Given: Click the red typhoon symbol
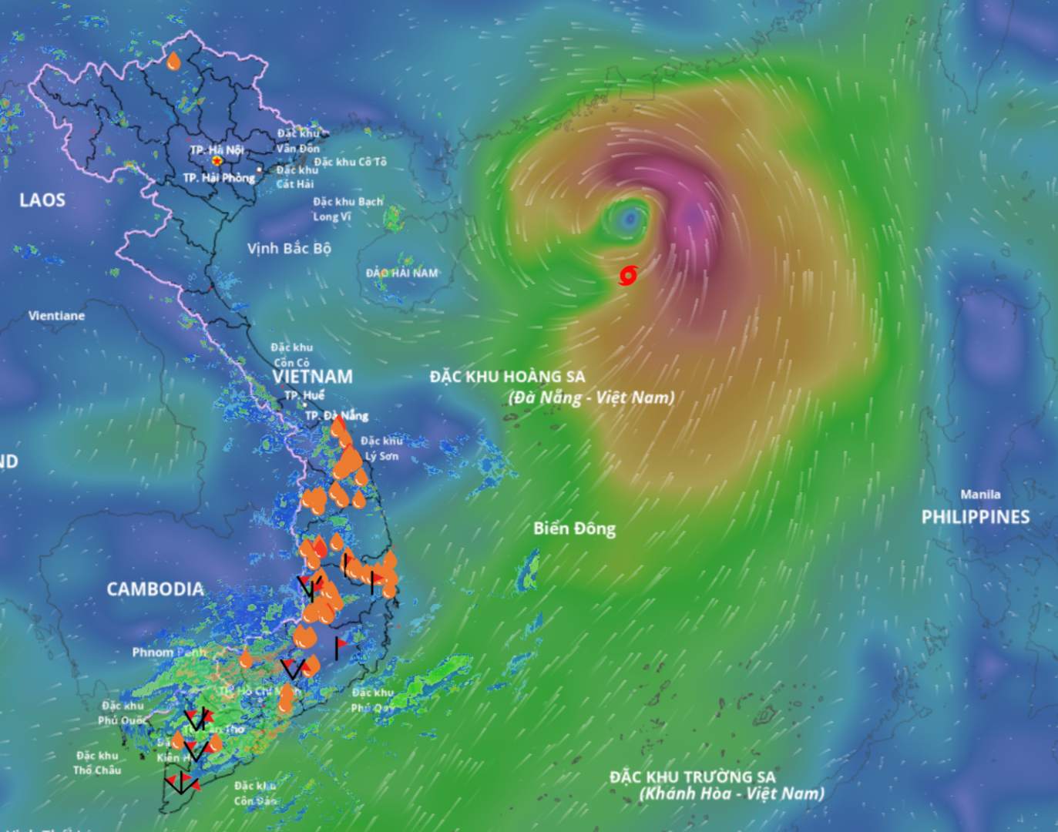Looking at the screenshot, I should click(x=629, y=275).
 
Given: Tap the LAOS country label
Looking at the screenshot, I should click(x=42, y=200).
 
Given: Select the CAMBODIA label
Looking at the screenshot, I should click(x=155, y=589).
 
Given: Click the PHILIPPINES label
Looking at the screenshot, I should click(x=976, y=517).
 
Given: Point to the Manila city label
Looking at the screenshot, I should click(x=980, y=495).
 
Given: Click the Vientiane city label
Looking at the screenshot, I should click(x=56, y=316).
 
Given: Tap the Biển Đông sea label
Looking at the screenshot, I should click(x=574, y=528).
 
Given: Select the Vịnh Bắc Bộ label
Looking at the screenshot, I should click(x=289, y=248).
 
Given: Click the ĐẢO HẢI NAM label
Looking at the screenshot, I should click(x=401, y=273).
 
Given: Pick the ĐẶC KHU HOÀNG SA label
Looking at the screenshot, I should click(x=507, y=377).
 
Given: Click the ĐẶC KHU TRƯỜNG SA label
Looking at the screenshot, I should click(x=692, y=777).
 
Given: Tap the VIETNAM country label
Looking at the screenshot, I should click(x=312, y=377).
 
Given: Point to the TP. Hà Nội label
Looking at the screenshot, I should click(x=217, y=149).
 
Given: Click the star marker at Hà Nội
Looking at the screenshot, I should click(x=217, y=161).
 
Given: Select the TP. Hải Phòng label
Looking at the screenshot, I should click(x=219, y=178).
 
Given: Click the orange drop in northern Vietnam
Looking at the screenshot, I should click(x=174, y=62).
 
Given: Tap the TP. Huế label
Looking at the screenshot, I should click(x=304, y=395).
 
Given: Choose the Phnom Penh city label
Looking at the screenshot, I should click(x=167, y=653).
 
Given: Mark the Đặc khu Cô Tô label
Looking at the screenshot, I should click(x=350, y=162).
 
